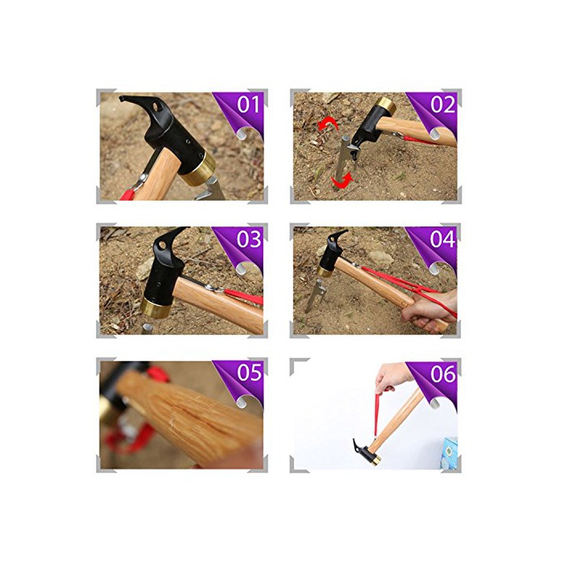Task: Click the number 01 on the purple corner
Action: (248, 104)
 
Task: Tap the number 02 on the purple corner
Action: (443, 104)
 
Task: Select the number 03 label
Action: (249, 239)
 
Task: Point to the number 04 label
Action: (442, 239)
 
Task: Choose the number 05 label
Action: (250, 373)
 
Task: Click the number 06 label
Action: (443, 373)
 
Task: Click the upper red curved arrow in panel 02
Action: (328, 125)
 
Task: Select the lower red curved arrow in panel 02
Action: (342, 181)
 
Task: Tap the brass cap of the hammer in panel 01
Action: (198, 169)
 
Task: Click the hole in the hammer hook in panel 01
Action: (157, 106)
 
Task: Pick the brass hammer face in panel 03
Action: (155, 307)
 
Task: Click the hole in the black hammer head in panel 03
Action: (162, 246)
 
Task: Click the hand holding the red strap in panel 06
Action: (393, 377)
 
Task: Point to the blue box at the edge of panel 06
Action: (450, 453)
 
